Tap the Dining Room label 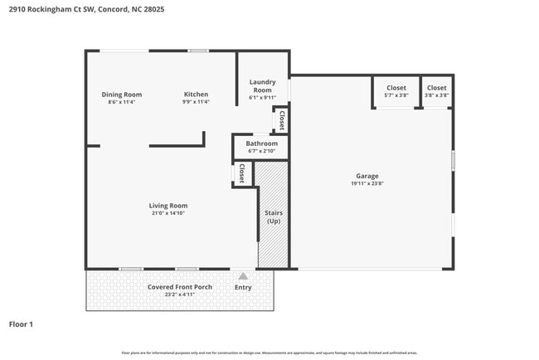pyautogui.click(x=121, y=95)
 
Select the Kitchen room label pyautogui.click(x=196, y=95)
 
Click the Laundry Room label pyautogui.click(x=262, y=86)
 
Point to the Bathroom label pyautogui.click(x=261, y=144)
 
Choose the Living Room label pyautogui.click(x=168, y=206)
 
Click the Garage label pyautogui.click(x=367, y=176)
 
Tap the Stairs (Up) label pyautogui.click(x=273, y=217)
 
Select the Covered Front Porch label pyautogui.click(x=180, y=287)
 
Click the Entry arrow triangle pyautogui.click(x=243, y=276)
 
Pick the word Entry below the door pyautogui.click(x=243, y=288)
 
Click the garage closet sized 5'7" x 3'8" pyautogui.click(x=396, y=91)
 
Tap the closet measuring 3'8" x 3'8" pyautogui.click(x=436, y=91)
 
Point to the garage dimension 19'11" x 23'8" pyautogui.click(x=367, y=184)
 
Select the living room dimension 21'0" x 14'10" pyautogui.click(x=168, y=214)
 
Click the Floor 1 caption pyautogui.click(x=21, y=324)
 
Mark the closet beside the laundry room pyautogui.click(x=282, y=120)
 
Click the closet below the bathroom pyautogui.click(x=242, y=173)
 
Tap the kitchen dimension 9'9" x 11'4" pyautogui.click(x=196, y=102)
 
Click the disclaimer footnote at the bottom pyautogui.click(x=269, y=353)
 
